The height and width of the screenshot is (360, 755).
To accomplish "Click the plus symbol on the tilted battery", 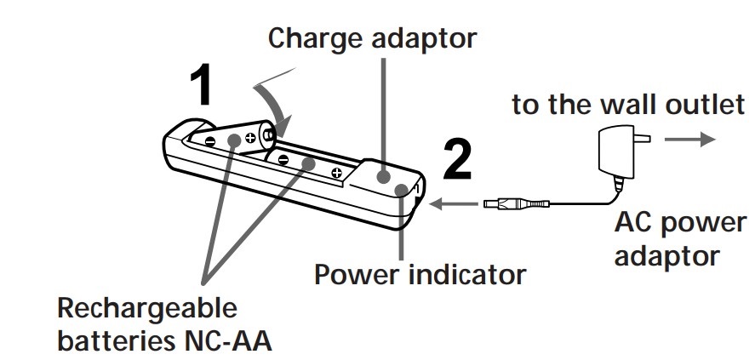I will [249, 137].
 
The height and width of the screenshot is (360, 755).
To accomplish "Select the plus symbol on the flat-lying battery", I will [338, 174].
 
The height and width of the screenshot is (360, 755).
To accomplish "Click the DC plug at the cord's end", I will [516, 204].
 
